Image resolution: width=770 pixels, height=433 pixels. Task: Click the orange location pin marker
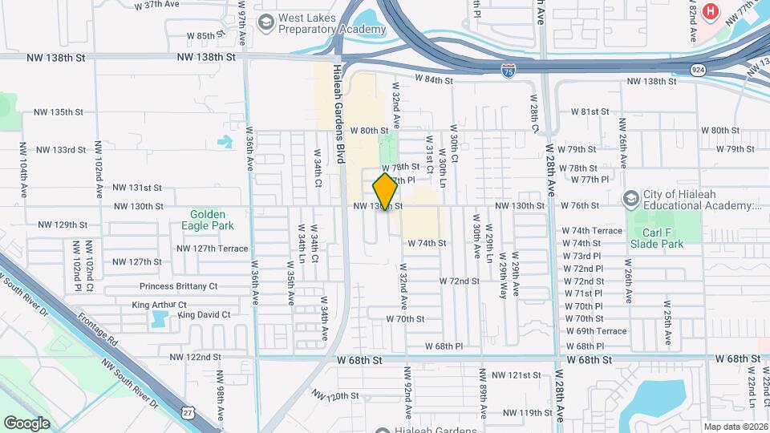click(385, 192)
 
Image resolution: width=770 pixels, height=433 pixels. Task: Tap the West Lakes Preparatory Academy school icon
click(265, 24)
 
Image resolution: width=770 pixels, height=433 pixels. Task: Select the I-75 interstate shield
click(509, 72)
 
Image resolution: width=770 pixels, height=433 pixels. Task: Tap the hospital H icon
click(709, 11)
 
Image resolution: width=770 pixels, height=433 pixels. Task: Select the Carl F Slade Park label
click(657, 238)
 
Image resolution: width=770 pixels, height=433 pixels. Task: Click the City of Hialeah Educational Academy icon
click(631, 198)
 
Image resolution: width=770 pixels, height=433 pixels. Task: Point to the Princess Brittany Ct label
click(178, 286)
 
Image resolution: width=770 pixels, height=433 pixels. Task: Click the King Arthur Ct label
click(159, 306)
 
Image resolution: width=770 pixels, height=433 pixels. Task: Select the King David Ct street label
click(204, 315)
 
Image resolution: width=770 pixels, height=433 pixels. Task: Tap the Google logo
click(26, 423)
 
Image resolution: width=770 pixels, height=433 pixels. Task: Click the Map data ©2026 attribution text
click(735, 427)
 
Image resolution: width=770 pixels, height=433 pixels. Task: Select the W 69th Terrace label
click(595, 331)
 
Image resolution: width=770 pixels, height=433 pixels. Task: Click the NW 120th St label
click(334, 396)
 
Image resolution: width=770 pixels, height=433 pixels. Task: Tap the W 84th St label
click(434, 80)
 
